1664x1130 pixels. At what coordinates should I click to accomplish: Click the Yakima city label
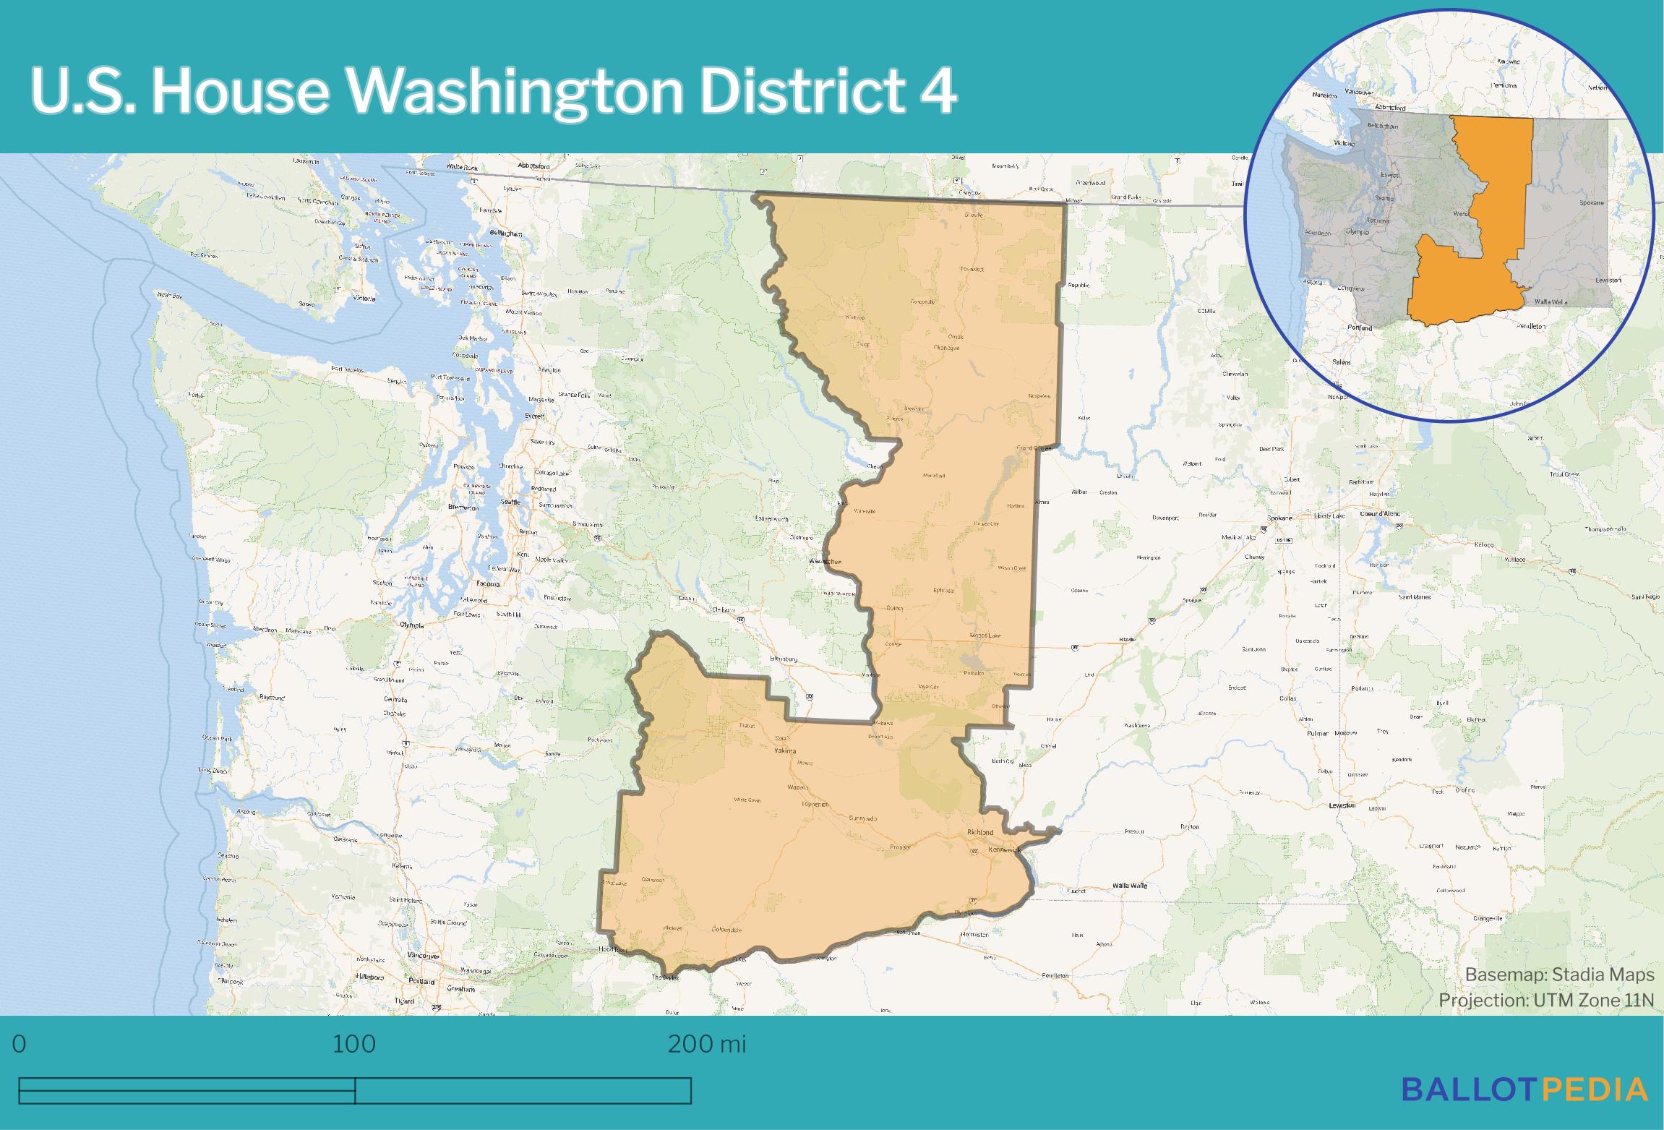(x=785, y=751)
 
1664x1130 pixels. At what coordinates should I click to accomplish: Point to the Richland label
(x=980, y=833)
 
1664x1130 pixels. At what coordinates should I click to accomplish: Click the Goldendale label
(x=727, y=929)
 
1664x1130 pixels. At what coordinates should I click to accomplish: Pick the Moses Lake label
(x=985, y=635)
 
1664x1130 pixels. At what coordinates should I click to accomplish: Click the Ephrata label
(x=943, y=591)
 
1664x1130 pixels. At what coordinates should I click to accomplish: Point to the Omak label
(x=956, y=336)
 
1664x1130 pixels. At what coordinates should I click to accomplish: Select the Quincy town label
(x=895, y=608)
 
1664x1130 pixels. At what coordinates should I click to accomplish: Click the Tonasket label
(x=973, y=269)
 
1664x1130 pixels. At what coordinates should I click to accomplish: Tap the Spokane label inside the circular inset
(x=1590, y=203)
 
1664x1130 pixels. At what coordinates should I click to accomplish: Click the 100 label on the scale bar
(x=353, y=1044)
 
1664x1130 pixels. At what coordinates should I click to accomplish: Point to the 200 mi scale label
(x=706, y=1044)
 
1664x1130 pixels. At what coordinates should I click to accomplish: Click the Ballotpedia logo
(x=1524, y=1089)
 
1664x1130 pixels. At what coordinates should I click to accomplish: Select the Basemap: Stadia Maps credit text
(x=1559, y=975)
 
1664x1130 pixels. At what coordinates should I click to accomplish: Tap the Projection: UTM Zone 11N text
(x=1545, y=1000)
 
